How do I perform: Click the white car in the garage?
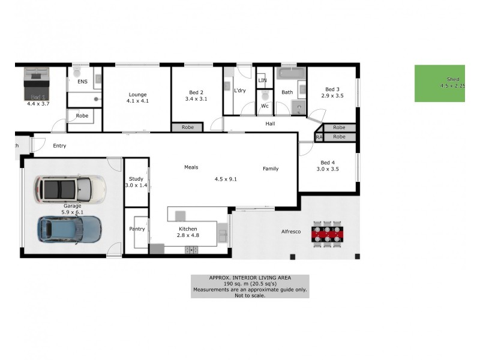(x=69, y=189)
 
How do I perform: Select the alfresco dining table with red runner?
(x=328, y=233)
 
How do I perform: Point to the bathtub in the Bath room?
(x=290, y=75)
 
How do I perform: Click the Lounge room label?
(x=137, y=94)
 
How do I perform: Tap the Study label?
(x=136, y=178)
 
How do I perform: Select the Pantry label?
(x=137, y=229)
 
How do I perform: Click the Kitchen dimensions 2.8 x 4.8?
(x=188, y=235)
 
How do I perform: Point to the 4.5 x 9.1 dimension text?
(x=226, y=178)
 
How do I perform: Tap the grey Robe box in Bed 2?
(x=188, y=127)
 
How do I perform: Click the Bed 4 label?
(x=328, y=162)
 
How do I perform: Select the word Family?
(x=271, y=169)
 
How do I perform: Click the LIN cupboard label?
(x=262, y=80)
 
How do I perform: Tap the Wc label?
(x=264, y=106)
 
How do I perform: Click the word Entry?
(x=59, y=146)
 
